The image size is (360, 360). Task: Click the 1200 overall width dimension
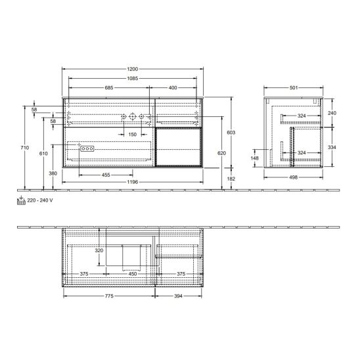[133, 69]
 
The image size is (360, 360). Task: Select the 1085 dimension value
[133, 78]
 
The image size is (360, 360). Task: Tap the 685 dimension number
[109, 88]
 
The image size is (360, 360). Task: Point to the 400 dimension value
[173, 88]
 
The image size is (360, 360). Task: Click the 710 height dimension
[25, 148]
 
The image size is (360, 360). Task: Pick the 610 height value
[43, 153]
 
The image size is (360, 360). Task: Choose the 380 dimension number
[53, 173]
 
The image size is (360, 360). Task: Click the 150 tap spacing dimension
[133, 134]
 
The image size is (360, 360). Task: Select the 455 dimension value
[106, 175]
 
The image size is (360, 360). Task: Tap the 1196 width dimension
[133, 182]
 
